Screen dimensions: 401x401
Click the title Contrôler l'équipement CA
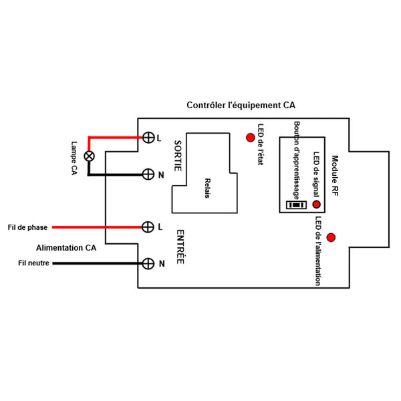coord(241,106)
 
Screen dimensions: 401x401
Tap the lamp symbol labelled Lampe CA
coord(87,156)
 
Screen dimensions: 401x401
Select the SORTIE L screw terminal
coord(148,138)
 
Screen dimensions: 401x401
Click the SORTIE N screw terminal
coord(148,174)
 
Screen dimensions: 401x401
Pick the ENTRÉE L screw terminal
coord(148,227)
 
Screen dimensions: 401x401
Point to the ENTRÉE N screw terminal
coord(148,263)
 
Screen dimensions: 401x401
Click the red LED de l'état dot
coord(251,138)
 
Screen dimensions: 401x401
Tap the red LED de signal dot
coord(316,205)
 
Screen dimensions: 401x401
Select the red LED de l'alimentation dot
coord(331,237)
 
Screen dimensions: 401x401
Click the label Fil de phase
coord(26,227)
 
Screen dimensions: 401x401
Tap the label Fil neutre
coord(33,263)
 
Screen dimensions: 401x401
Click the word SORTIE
coord(178,156)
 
